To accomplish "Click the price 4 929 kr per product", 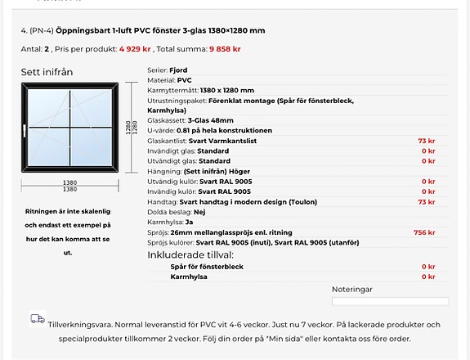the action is (136, 49).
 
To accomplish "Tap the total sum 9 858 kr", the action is (225, 49).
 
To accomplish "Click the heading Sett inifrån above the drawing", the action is (47, 72).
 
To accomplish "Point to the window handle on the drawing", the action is (26, 128).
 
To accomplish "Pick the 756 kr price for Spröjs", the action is (424, 232).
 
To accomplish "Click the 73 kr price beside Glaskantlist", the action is (426, 141).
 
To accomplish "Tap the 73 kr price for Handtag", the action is (426, 201).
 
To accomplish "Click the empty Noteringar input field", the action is (389, 301).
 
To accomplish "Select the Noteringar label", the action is (351, 289).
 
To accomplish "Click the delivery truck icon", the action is (37, 319).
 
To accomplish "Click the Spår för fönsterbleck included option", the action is (206, 267).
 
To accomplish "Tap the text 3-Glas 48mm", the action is (211, 120).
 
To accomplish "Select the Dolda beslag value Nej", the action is (200, 212).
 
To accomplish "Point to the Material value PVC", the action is (185, 81).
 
